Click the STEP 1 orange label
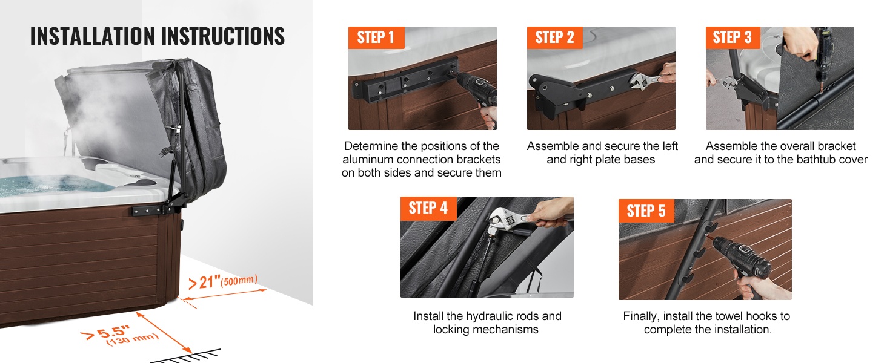[376, 38]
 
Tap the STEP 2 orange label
[555, 38]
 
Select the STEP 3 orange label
[733, 38]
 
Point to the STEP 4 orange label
[428, 208]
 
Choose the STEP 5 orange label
[646, 211]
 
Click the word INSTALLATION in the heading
[92, 36]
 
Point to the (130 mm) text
[133, 339]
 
